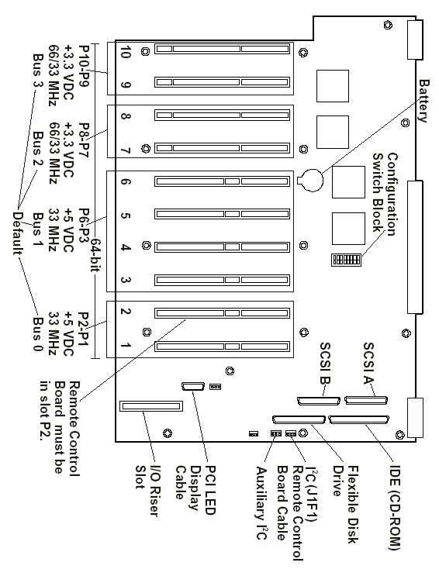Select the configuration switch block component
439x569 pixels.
click(346, 260)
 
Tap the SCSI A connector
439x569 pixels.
click(366, 400)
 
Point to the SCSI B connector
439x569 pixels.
click(319, 401)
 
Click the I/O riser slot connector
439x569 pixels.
click(151, 406)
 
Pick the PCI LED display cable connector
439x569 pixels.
click(193, 387)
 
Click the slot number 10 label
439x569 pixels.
click(125, 52)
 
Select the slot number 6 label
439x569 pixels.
click(125, 181)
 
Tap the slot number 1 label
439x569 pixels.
click(125, 345)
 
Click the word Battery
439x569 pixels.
click(423, 102)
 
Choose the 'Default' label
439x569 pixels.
click(17, 233)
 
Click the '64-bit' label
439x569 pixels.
click(95, 255)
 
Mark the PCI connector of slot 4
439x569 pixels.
click(223, 247)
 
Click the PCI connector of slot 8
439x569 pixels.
click(223, 116)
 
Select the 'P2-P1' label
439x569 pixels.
click(84, 329)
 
